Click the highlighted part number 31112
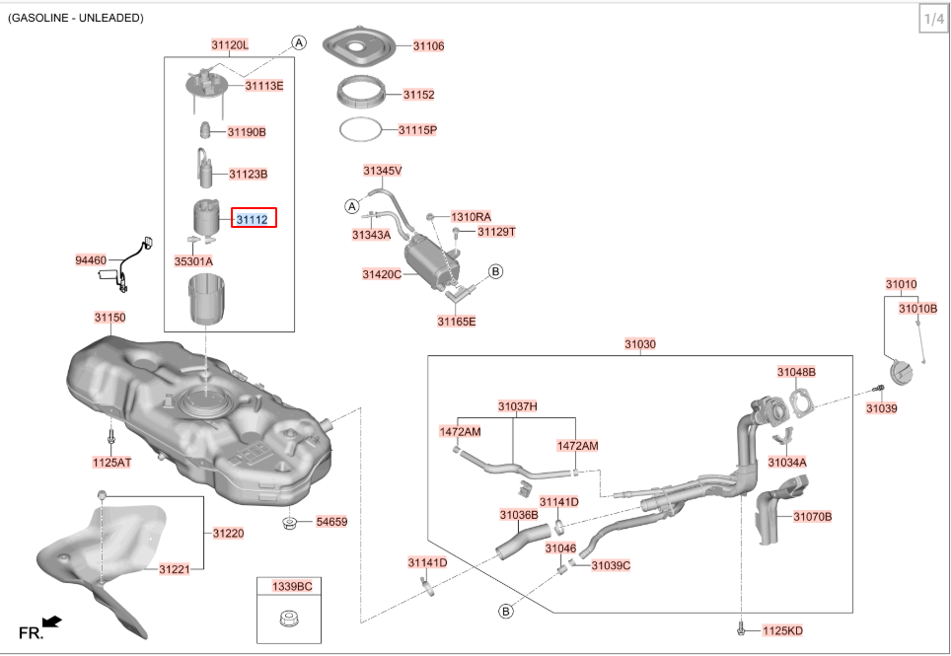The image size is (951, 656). [253, 219]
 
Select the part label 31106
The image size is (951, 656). [428, 45]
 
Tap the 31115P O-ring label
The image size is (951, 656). [417, 129]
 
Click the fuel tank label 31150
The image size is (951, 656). [110, 318]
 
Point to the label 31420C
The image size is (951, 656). [381, 274]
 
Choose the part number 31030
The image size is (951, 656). [639, 344]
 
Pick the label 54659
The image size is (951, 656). [331, 521]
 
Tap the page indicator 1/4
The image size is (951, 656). [932, 19]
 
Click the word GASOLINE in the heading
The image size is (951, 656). [41, 18]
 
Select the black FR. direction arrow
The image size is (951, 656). [53, 621]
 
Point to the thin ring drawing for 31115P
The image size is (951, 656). [360, 129]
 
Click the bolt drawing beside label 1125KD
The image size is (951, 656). [740, 628]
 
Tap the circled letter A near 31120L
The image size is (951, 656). [299, 42]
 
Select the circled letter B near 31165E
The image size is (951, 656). [496, 270]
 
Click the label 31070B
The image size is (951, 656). [812, 516]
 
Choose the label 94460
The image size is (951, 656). [90, 260]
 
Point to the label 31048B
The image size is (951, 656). [795, 372]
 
